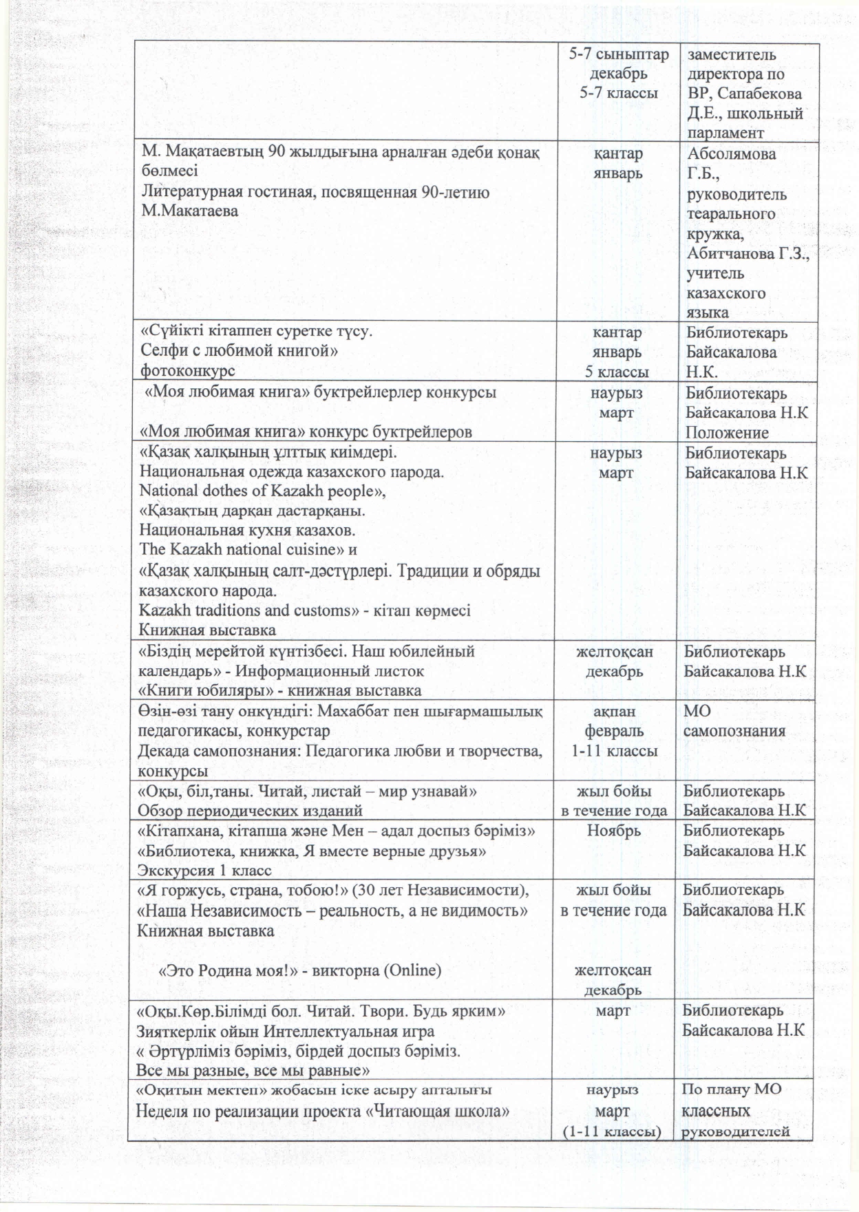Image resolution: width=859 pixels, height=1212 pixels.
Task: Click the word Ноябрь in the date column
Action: [613, 831]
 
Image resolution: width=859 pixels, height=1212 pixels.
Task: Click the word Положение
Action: [726, 433]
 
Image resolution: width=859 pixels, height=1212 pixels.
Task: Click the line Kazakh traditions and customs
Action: [244, 610]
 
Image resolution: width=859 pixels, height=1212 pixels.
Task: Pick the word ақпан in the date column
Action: [614, 711]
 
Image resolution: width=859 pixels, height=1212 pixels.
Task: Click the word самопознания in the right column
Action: [734, 731]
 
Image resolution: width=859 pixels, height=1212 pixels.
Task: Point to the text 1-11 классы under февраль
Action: [614, 751]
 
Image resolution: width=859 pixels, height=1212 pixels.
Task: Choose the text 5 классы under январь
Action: [617, 372]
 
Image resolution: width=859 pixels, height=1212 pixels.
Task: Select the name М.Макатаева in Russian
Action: [190, 211]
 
